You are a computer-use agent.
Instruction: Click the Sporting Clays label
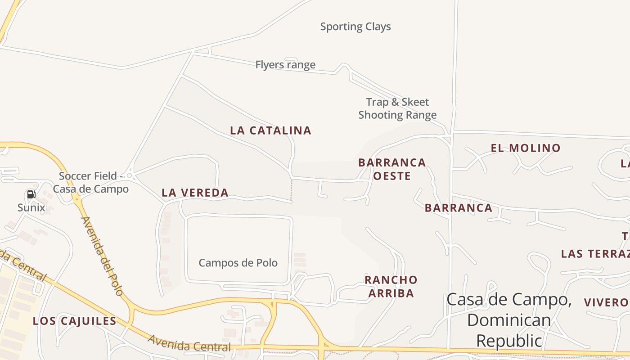click(355, 27)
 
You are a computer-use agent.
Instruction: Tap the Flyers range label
click(285, 65)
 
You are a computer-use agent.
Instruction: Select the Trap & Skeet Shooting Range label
click(397, 108)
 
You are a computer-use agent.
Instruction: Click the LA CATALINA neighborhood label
click(270, 130)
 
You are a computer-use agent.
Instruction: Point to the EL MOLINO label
click(526, 148)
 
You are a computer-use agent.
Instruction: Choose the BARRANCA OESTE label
click(392, 169)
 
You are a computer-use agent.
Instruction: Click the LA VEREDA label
click(195, 193)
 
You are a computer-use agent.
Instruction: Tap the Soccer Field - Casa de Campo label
click(90, 182)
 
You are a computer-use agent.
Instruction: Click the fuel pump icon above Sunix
click(31, 194)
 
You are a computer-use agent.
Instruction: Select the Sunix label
click(31, 207)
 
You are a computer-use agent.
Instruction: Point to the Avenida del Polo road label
click(102, 256)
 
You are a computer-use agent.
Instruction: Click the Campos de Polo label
click(238, 263)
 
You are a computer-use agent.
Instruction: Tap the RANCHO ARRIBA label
click(391, 287)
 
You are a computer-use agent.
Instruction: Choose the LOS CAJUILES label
click(74, 321)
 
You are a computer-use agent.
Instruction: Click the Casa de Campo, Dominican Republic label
click(509, 320)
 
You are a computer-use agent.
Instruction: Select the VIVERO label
click(606, 302)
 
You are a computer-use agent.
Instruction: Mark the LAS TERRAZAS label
click(595, 254)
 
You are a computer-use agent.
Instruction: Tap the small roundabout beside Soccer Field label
click(129, 175)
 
